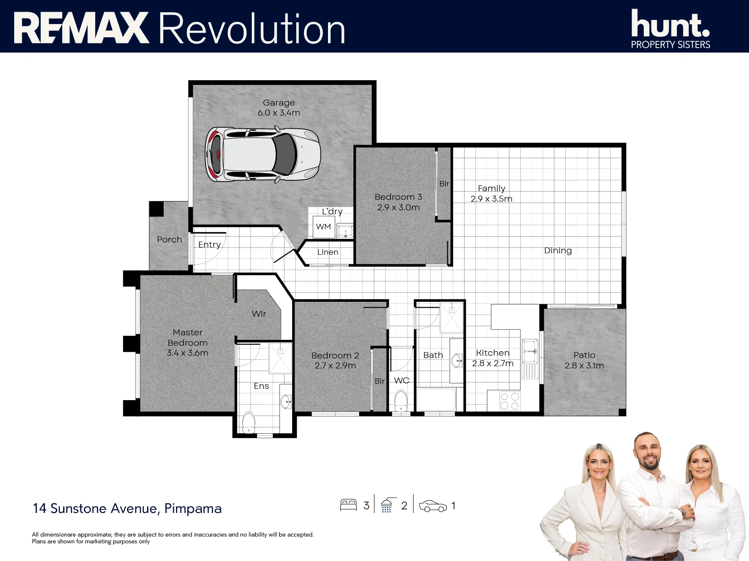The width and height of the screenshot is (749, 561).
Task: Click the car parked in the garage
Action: click(x=263, y=155)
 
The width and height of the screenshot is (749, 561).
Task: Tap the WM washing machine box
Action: click(x=323, y=227)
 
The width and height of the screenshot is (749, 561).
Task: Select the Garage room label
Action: click(x=279, y=102)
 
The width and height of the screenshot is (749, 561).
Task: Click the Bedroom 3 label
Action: click(x=398, y=197)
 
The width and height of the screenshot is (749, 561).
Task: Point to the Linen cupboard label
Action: click(x=328, y=252)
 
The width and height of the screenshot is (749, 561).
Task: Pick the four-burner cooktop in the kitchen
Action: click(x=510, y=401)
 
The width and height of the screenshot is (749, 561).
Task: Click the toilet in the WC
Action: click(x=401, y=401)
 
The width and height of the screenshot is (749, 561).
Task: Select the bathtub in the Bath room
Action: click(x=436, y=399)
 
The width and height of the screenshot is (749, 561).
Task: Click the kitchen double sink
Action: click(x=529, y=351)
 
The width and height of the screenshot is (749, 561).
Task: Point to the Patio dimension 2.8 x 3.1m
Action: click(x=584, y=366)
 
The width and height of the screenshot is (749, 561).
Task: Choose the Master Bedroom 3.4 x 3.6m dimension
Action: click(x=187, y=353)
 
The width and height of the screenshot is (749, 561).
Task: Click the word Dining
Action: click(x=558, y=251)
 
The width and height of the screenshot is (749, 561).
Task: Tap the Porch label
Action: click(x=169, y=240)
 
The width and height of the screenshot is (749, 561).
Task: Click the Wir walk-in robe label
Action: click(x=259, y=314)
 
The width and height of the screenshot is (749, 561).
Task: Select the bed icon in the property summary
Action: click(x=348, y=505)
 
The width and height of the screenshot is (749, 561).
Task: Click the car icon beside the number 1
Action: click(x=433, y=506)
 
